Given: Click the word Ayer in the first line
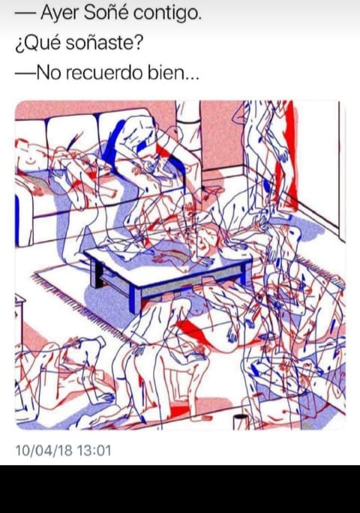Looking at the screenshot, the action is [x=60, y=14].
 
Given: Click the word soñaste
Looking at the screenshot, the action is [x=104, y=43].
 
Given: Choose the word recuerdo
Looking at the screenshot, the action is [x=105, y=72].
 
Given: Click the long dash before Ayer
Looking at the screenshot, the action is [x=25, y=14].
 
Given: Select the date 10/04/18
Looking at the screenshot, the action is [x=43, y=450].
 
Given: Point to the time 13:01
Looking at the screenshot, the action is [x=94, y=450].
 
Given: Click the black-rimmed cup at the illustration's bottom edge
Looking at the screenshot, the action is [x=241, y=421].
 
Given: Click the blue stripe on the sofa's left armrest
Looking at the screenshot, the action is [x=17, y=220].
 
